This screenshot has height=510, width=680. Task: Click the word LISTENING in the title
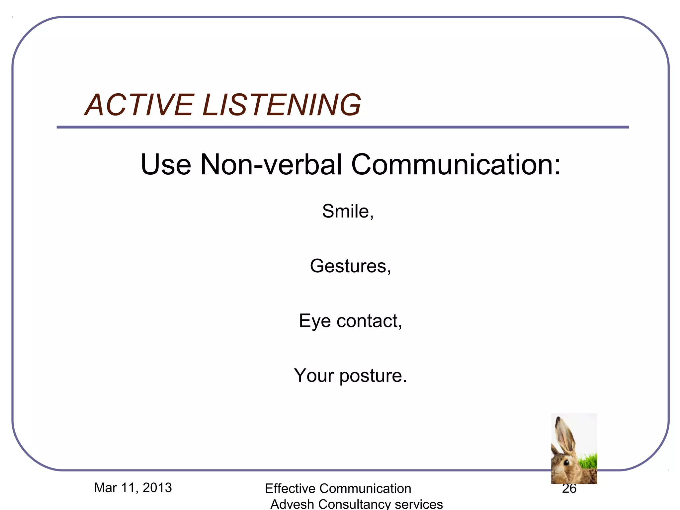pyautogui.click(x=282, y=105)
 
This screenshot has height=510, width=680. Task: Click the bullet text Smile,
pyautogui.click(x=348, y=211)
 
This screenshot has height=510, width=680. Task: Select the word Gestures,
pyautogui.click(x=350, y=266)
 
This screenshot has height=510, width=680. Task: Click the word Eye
pyautogui.click(x=315, y=321)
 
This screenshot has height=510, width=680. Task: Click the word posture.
pyautogui.click(x=373, y=376)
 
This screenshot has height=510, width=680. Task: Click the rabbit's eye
pyautogui.click(x=566, y=462)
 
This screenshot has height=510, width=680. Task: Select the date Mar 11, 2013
pyautogui.click(x=133, y=488)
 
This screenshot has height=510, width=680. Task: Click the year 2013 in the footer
pyautogui.click(x=157, y=488)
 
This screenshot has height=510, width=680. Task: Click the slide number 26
pyautogui.click(x=569, y=488)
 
